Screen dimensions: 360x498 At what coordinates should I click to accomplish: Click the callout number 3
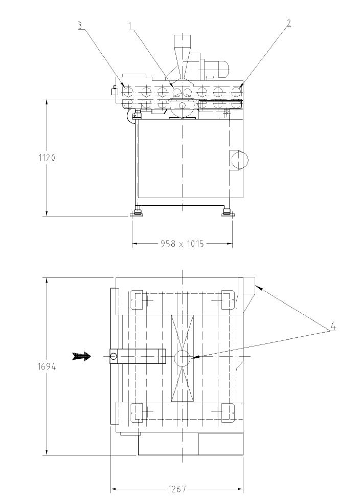pyautogui.click(x=81, y=26)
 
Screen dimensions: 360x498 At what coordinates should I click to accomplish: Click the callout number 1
pyautogui.click(x=130, y=26)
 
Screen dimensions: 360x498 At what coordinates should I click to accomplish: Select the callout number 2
pyautogui.click(x=288, y=23)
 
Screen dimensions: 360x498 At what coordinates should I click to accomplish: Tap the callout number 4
pyautogui.click(x=332, y=327)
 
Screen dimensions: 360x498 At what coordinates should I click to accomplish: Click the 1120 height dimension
pyautogui.click(x=47, y=158)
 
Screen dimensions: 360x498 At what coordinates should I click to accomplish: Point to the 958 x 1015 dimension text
pyautogui.click(x=182, y=244)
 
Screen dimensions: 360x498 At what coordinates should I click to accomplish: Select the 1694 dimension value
pyautogui.click(x=47, y=366)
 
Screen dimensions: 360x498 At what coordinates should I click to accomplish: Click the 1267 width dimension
pyautogui.click(x=176, y=489)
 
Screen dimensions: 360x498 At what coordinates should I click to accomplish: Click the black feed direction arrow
pyautogui.click(x=81, y=356)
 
